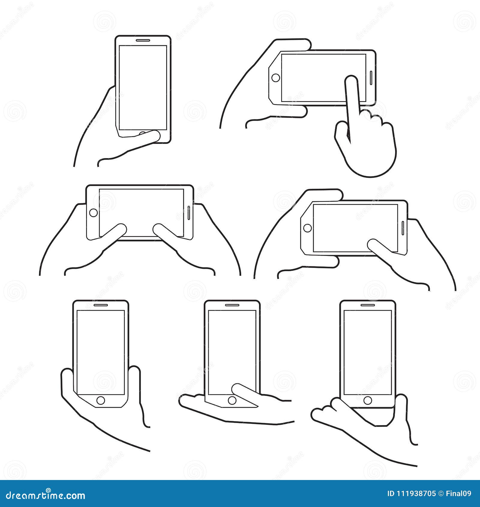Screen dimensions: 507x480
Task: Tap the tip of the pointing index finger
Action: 351,79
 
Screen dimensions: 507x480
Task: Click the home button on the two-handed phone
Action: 94,213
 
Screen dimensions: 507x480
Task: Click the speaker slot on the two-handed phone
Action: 189,213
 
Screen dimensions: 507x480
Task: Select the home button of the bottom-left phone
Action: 100,400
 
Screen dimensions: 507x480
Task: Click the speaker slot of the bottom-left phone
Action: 100,305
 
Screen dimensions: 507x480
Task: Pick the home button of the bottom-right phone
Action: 367,400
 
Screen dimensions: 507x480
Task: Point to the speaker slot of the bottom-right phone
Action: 367,305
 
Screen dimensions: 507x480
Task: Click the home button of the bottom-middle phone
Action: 232,400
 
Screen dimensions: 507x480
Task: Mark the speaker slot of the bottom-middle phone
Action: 232,305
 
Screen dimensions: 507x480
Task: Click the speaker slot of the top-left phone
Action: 143,40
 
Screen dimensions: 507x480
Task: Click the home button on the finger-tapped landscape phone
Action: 275,78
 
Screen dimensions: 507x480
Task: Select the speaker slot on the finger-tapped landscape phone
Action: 371,78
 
